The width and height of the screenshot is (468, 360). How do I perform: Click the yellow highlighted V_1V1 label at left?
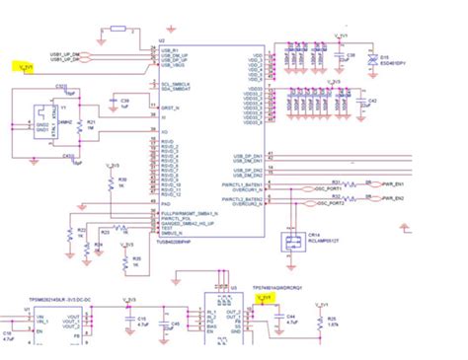pos(26,67)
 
